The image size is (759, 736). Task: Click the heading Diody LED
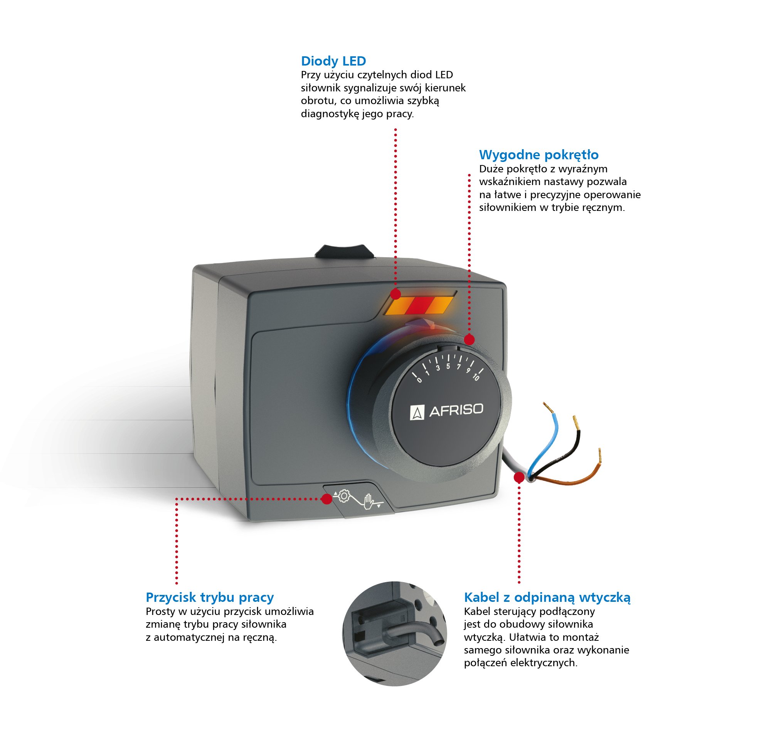point(333,61)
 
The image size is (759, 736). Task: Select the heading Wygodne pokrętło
point(538,155)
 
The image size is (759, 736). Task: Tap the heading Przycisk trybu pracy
point(209,597)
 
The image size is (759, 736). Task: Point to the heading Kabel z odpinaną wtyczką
point(547,597)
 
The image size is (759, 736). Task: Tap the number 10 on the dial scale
point(476,377)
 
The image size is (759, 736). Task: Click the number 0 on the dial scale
point(419,380)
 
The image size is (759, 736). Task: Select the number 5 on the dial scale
point(448,366)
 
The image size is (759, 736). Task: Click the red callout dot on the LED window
point(395,295)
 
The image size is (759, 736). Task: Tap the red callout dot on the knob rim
point(469,340)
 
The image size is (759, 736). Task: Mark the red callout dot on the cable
point(519,478)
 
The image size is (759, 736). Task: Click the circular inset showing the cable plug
point(394,634)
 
